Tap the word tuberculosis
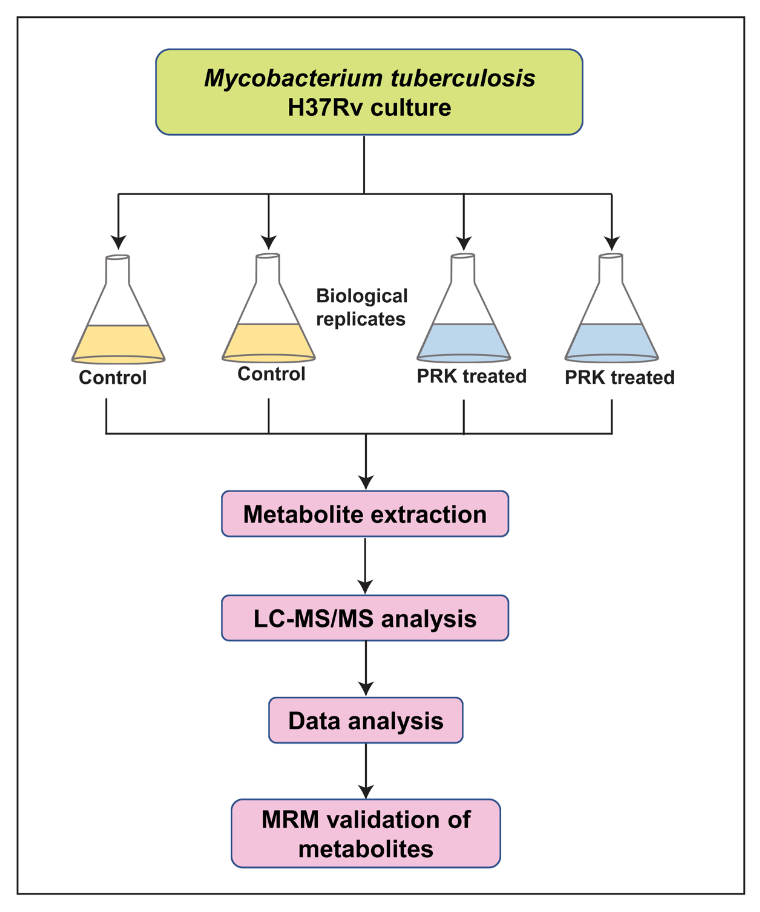pyautogui.click(x=463, y=78)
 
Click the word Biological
pyautogui.click(x=362, y=296)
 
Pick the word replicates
pyautogui.click(x=361, y=319)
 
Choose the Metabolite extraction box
pyautogui.click(x=365, y=514)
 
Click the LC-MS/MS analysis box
pyautogui.click(x=365, y=618)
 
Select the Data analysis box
pyautogui.click(x=366, y=721)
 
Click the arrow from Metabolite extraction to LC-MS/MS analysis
pyautogui.click(x=365, y=566)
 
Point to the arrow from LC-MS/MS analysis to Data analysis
pyautogui.click(x=366, y=669)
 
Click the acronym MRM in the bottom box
pyautogui.click(x=290, y=820)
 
